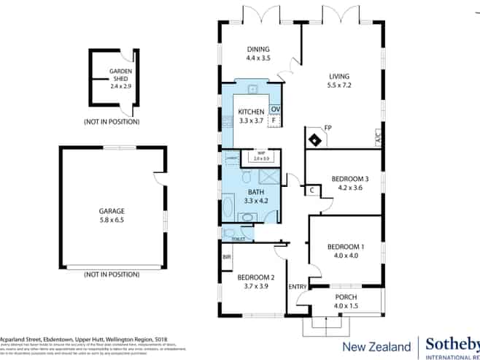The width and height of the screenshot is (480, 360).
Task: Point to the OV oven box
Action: pos(275,110)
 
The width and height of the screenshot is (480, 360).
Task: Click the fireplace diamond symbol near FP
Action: pos(314,138)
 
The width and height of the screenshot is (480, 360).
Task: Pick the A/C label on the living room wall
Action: pos(378,137)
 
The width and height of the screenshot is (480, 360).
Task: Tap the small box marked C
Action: pos(311,191)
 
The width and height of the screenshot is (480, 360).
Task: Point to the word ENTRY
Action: pos(298,287)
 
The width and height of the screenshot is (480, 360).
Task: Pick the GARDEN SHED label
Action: pos(120,76)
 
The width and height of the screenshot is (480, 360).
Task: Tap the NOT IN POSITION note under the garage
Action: pos(112,274)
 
